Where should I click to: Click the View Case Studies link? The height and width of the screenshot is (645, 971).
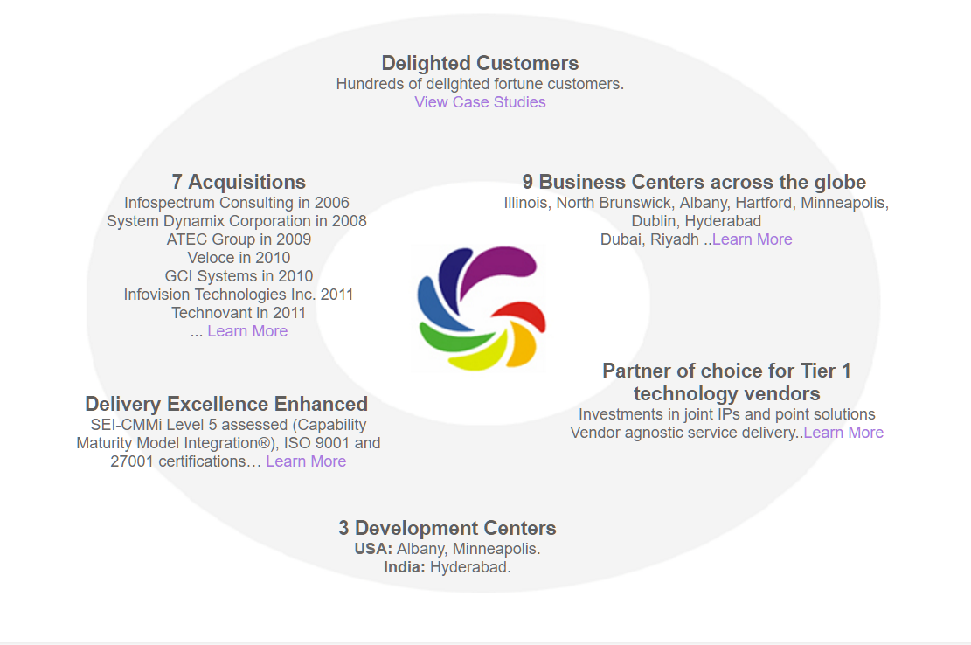click(480, 102)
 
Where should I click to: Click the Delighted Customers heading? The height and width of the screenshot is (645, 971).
click(480, 63)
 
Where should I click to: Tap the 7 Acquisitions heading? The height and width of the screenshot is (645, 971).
click(239, 182)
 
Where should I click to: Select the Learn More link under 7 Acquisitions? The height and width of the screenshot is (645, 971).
click(247, 331)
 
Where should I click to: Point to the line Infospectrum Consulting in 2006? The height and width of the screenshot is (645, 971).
click(237, 203)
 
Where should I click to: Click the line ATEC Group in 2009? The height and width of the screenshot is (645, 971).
click(239, 239)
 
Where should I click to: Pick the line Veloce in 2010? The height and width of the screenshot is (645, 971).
click(239, 258)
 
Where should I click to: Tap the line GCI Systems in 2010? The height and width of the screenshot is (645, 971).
click(239, 276)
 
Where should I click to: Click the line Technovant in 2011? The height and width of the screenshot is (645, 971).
click(239, 313)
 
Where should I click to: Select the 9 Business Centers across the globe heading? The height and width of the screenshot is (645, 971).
click(694, 182)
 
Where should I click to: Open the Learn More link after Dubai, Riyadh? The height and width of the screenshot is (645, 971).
click(752, 239)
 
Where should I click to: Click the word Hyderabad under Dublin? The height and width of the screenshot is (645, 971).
click(723, 221)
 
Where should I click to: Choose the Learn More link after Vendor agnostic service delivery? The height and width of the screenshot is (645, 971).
click(843, 433)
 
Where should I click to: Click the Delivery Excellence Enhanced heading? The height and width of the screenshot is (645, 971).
click(226, 404)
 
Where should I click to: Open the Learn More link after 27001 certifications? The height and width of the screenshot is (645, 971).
click(306, 461)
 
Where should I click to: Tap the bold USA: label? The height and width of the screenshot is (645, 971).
click(373, 549)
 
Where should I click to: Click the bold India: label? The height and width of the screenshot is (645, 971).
click(405, 567)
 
